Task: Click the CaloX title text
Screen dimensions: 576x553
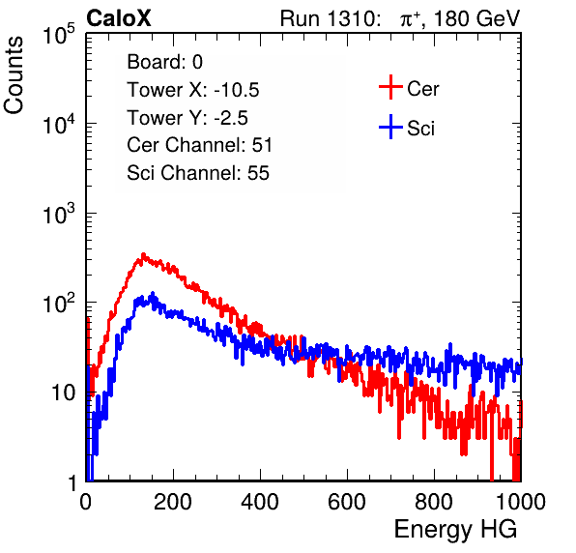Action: [119, 18]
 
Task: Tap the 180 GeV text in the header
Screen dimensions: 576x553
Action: [476, 18]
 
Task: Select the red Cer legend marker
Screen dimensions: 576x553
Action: [390, 87]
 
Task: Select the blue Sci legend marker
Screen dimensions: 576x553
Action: [390, 127]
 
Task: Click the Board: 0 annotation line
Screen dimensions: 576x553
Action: [164, 62]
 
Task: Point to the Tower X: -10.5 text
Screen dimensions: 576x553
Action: [193, 90]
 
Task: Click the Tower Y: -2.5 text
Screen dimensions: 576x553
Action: [187, 118]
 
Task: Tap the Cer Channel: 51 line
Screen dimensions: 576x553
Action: [199, 145]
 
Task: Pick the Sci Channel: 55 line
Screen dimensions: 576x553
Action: [198, 173]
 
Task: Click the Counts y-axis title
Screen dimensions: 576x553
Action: [14, 75]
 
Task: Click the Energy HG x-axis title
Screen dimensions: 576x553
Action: [455, 530]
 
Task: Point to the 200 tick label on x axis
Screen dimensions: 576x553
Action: [173, 502]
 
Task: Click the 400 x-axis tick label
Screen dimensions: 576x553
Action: [260, 502]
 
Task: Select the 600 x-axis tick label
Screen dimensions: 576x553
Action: [347, 502]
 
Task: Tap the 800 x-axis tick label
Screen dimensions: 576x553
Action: [434, 502]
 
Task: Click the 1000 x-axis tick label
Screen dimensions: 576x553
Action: [521, 502]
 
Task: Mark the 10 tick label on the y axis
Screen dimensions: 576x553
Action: [64, 393]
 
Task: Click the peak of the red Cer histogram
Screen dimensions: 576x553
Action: [143, 254]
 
